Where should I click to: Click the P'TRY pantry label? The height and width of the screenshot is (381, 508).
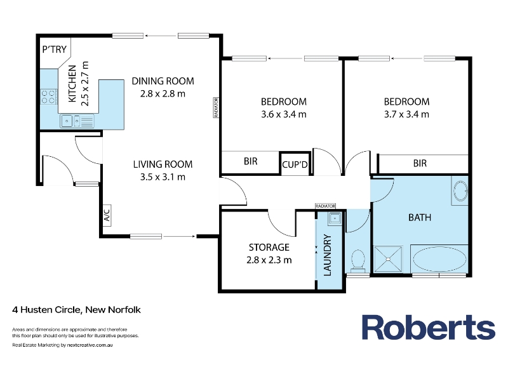55,50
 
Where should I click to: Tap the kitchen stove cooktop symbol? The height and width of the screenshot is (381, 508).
48,97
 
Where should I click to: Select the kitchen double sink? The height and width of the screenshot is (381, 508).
77,121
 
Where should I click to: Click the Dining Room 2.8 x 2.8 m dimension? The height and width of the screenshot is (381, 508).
163,94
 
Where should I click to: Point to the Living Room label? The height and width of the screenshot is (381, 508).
163,164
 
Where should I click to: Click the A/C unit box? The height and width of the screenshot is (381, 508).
107,215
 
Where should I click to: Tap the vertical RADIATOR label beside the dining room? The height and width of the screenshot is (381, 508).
216,107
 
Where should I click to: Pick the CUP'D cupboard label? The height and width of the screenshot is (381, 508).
295,164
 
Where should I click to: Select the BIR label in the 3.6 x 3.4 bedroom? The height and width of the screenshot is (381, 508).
250,161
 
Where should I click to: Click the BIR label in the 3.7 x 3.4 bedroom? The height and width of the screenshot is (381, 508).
420,163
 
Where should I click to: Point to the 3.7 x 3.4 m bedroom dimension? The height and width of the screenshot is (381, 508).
406,114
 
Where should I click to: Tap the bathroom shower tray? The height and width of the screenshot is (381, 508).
388,259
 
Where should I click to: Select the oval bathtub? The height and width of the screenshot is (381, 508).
439,259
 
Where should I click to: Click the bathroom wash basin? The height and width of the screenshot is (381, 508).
460,190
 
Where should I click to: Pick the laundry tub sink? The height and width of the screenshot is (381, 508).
335,218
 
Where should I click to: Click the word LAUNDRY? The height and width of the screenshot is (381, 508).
328,255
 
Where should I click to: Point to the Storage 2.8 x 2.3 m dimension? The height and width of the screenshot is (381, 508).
269,260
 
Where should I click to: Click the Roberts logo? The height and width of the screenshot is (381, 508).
428,327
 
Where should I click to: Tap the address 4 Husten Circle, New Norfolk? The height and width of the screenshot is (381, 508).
76,310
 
